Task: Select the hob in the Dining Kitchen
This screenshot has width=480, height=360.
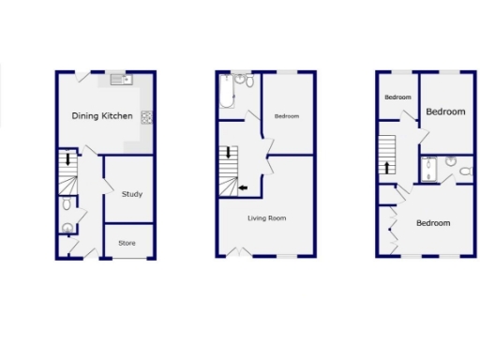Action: pos(146,117)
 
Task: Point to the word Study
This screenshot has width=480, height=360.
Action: pos(132,194)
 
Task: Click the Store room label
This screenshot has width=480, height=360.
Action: pos(127,243)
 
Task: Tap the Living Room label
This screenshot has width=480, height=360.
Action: pos(267,218)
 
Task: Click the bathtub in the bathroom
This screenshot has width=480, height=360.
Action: pos(229,94)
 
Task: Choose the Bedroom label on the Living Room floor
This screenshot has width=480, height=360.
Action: pos(286,116)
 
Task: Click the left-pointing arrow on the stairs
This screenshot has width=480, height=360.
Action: pos(243,188)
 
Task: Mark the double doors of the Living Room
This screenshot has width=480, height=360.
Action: pos(238,251)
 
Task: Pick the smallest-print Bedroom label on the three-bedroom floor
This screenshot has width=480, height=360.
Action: pos(398,97)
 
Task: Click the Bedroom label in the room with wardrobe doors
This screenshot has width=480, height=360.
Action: pos(433,223)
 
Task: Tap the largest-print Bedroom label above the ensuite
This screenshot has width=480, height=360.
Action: pos(445,112)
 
